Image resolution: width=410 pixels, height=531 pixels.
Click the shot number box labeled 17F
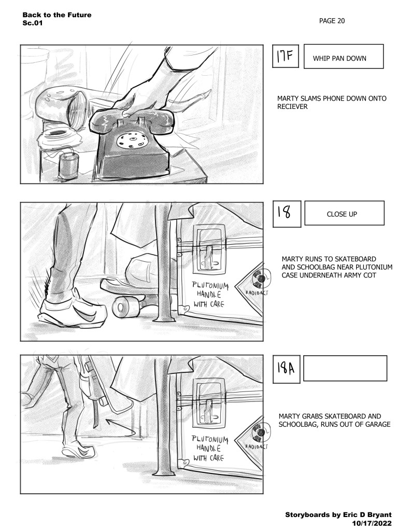pos(286,56)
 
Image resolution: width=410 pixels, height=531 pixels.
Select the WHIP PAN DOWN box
pos(344,56)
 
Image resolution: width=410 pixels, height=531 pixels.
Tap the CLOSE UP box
pos(344,213)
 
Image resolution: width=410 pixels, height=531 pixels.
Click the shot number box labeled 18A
pos(287,369)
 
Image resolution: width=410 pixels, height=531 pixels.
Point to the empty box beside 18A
pos(345,368)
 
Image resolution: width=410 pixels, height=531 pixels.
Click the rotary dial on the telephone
pos(133,140)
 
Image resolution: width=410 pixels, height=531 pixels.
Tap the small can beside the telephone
pos(69,165)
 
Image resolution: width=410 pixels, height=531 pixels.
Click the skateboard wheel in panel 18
pos(121,306)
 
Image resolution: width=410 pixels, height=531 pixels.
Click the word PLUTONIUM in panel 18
pos(210,286)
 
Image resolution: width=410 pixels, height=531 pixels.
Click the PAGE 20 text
pos(332,21)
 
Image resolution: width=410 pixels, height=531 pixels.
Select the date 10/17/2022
pos(372,523)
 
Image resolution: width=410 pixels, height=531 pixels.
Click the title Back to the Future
pos(57,15)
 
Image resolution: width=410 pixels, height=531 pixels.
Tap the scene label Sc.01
pos(33,23)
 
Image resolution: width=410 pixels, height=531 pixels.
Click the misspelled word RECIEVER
pos(292,107)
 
